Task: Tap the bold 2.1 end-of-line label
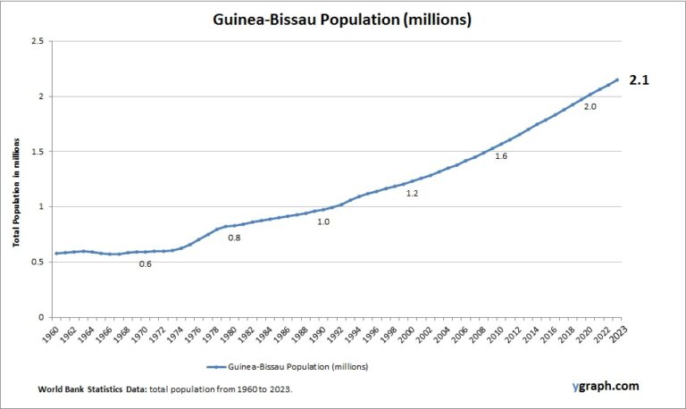[x=640, y=79]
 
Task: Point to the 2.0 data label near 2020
[x=590, y=106]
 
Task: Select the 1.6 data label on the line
[x=501, y=156]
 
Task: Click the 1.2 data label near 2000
[x=412, y=193]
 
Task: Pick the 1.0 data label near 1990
[x=323, y=221]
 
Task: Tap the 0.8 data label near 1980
[x=234, y=238]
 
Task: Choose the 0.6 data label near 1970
[x=145, y=263]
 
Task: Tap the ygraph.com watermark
[x=606, y=386]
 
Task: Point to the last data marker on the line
[x=616, y=79]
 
